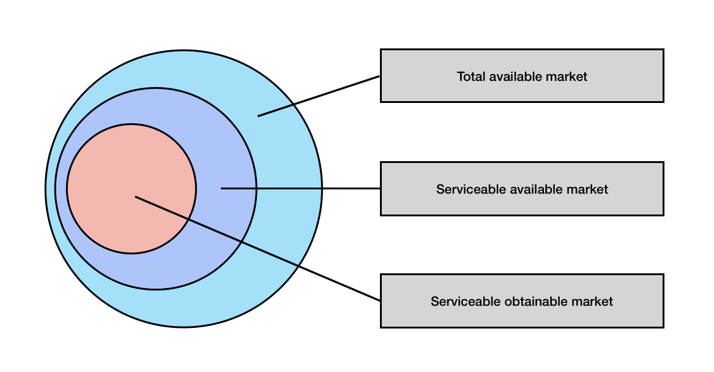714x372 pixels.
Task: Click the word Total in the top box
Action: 471,77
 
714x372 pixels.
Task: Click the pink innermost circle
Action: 132,188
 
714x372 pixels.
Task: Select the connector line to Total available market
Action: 319,96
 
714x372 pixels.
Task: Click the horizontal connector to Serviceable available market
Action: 300,188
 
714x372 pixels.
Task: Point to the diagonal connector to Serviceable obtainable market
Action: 258,248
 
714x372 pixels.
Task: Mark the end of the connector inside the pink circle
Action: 136,197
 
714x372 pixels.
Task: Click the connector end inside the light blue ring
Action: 258,116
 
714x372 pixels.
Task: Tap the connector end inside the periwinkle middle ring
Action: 221,188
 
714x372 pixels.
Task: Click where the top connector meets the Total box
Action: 380,76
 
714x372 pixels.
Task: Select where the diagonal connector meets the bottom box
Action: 380,301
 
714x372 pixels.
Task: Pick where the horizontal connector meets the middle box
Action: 380,188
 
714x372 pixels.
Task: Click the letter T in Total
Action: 461,77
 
